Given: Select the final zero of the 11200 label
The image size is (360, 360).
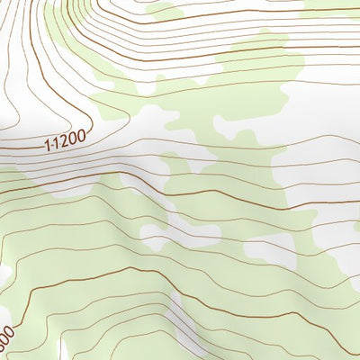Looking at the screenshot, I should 83,136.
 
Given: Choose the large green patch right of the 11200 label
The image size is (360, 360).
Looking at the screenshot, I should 225,99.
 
